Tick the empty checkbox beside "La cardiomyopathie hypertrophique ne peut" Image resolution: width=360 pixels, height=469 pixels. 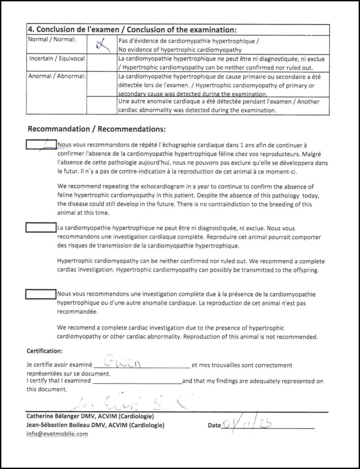[41, 227]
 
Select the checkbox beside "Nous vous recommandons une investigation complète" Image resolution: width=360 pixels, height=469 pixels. [41, 293]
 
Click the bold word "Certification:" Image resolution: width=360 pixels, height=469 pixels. [45, 351]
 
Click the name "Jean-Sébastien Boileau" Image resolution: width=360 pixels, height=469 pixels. [61, 425]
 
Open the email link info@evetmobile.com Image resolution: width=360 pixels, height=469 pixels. [57, 434]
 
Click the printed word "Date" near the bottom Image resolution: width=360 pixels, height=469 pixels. [214, 425]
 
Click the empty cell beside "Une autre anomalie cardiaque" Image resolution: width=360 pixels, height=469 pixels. [101, 106]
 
